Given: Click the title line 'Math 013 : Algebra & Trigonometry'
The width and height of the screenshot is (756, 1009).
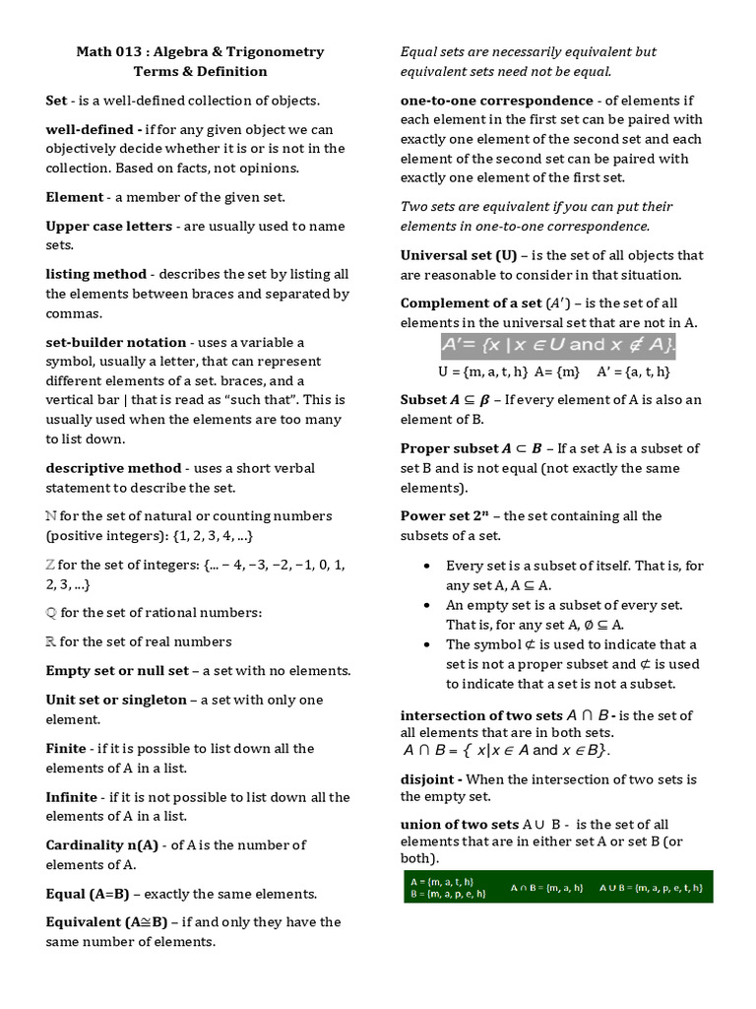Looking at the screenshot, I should (x=200, y=52).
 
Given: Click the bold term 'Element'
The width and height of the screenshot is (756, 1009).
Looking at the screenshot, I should (x=74, y=197).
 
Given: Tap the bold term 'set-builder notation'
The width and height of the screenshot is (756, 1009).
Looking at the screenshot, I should (x=116, y=342).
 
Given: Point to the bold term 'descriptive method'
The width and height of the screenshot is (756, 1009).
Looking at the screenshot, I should (x=113, y=468).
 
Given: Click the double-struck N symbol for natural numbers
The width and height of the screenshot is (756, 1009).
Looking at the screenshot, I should (x=51, y=516).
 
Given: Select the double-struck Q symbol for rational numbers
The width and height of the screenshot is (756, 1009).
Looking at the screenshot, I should (x=51, y=613).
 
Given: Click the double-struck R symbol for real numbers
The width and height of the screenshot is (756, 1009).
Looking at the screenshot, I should (x=51, y=642).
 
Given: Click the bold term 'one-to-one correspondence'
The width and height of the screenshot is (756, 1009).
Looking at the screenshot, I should (x=497, y=101).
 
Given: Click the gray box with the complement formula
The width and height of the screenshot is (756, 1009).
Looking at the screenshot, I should (x=557, y=345).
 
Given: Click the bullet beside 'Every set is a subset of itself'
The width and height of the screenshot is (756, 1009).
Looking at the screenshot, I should (x=425, y=566).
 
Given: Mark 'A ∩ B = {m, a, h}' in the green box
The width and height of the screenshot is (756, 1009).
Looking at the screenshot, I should (x=546, y=888).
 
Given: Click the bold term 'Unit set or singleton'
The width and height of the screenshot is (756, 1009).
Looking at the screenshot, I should (x=116, y=700).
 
